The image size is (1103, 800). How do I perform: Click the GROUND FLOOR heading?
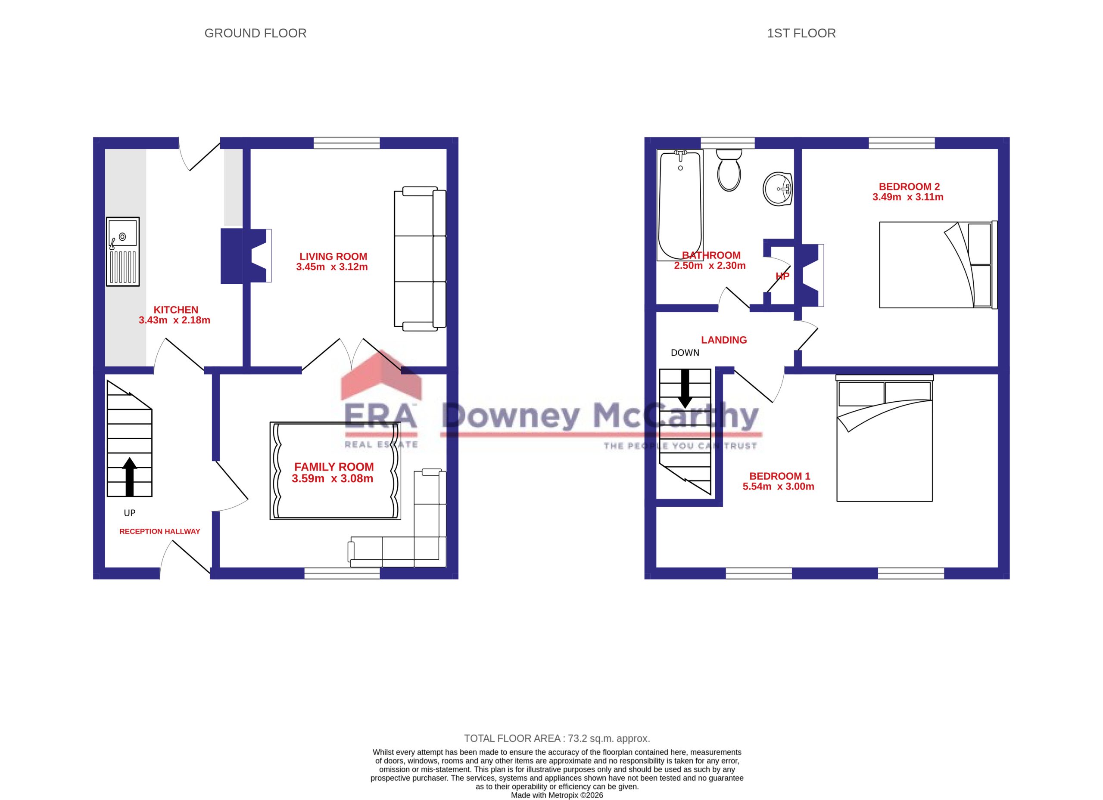(x=255, y=33)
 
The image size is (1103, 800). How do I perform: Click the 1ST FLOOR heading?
(x=801, y=33)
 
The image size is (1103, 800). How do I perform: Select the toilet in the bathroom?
(x=729, y=170)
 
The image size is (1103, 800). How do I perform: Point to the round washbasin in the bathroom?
(x=778, y=189)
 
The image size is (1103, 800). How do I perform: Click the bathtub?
(x=680, y=205)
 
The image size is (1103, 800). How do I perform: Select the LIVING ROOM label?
(x=333, y=257)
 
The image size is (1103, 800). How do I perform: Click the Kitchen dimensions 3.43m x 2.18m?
(x=174, y=320)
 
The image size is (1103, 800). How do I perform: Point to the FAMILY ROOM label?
(x=334, y=467)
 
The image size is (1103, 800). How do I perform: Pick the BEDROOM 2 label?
(x=909, y=186)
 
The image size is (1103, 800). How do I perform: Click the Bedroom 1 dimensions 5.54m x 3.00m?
(x=778, y=487)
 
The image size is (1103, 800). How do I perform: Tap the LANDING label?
(x=724, y=340)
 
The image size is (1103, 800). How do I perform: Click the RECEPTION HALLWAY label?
(x=159, y=531)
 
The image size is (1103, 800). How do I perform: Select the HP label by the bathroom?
(x=782, y=276)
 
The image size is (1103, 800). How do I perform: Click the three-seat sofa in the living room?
(x=420, y=259)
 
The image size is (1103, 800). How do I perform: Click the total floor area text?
(x=557, y=738)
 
